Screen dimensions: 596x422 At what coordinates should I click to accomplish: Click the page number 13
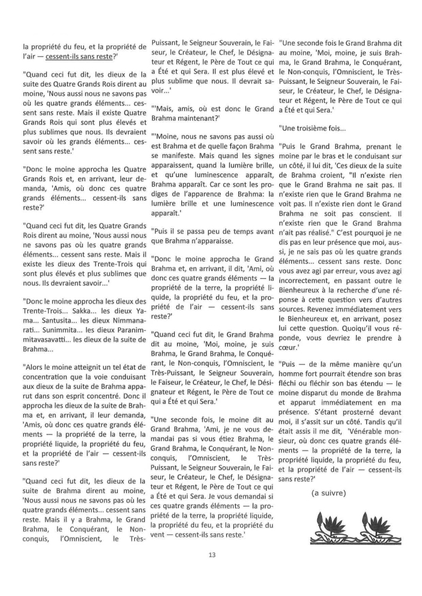click(x=211, y=555)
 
